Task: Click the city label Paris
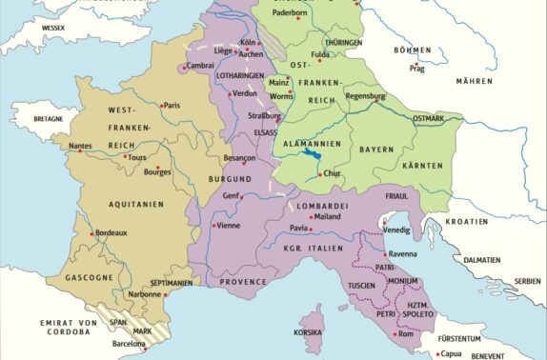pyautogui.click(x=172, y=106)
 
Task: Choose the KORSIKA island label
pyautogui.click(x=310, y=332)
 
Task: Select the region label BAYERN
pyautogui.click(x=376, y=150)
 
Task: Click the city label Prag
pyautogui.click(x=416, y=69)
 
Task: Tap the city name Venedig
pyautogui.click(x=398, y=230)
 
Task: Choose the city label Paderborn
pyautogui.click(x=293, y=13)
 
